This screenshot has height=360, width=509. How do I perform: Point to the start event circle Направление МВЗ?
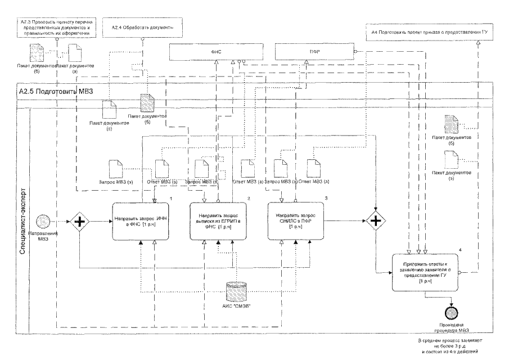pyautogui.click(x=44, y=221)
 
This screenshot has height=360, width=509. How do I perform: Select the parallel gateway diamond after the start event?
pyautogui.click(x=80, y=222)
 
